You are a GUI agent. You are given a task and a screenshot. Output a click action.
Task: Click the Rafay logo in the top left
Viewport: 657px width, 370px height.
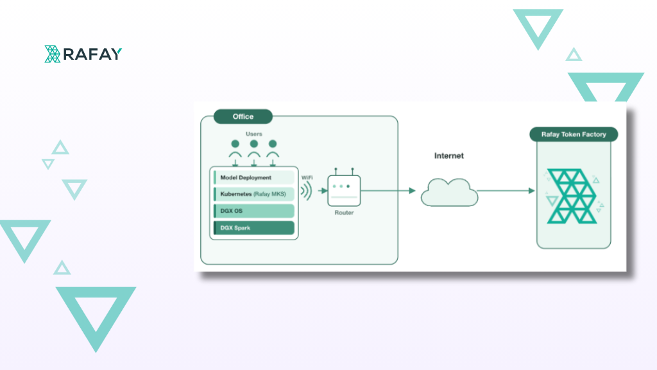click(x=83, y=54)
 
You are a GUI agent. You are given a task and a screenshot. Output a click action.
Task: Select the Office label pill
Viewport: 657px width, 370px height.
click(x=243, y=117)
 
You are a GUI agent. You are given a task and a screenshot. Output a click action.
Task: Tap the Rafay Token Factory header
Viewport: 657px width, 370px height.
click(x=574, y=134)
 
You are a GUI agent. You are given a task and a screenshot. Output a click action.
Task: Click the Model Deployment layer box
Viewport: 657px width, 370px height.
click(x=254, y=177)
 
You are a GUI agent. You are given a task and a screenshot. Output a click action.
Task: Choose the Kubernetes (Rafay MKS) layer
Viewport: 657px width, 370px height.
click(x=254, y=194)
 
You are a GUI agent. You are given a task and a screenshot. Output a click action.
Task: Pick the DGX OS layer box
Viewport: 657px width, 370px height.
click(x=254, y=211)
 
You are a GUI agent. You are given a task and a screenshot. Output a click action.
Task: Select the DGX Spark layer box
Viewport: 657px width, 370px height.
click(x=254, y=228)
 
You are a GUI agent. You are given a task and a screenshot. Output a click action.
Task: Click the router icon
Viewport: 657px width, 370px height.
click(x=344, y=188)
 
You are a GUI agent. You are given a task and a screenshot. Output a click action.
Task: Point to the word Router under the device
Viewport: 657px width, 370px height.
click(x=344, y=213)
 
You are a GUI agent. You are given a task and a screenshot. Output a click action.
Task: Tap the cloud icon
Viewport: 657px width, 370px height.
click(x=449, y=193)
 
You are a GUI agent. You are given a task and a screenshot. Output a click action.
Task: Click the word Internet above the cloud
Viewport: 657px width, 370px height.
click(x=448, y=155)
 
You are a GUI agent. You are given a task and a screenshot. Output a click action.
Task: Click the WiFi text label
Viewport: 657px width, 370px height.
click(x=307, y=177)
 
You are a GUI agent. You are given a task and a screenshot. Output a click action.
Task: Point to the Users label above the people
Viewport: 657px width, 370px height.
click(x=254, y=134)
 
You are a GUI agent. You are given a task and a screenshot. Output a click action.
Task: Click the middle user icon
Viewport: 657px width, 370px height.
click(x=254, y=149)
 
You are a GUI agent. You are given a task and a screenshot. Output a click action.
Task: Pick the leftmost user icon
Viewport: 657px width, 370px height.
click(x=235, y=149)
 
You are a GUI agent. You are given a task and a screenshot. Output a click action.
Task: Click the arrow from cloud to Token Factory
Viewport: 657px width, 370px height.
click(x=506, y=191)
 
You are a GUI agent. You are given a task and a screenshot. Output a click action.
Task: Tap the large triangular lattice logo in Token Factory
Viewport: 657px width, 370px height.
click(x=572, y=196)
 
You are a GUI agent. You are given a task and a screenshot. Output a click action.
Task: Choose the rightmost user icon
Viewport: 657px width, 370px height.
click(x=273, y=149)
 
